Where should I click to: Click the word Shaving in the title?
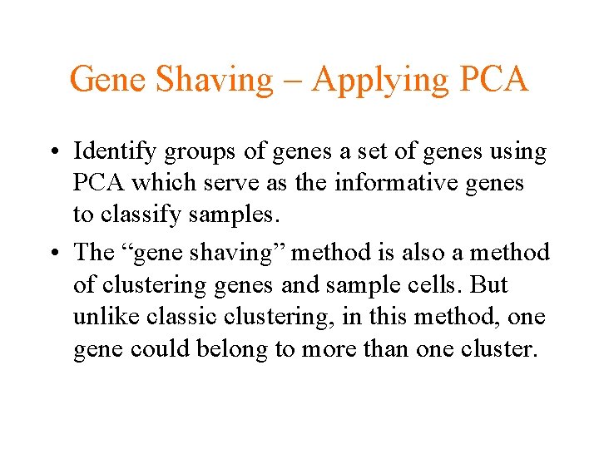213,80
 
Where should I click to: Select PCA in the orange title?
491,80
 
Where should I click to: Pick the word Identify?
113,153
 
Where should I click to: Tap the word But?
489,284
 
